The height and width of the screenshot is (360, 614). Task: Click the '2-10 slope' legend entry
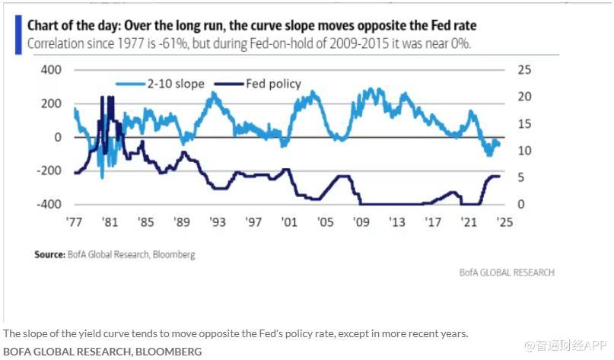click(x=176, y=84)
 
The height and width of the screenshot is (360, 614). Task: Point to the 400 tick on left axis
click(x=50, y=70)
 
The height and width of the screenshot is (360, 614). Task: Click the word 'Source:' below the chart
click(x=49, y=254)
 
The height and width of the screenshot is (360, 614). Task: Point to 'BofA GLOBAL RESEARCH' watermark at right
click(x=507, y=272)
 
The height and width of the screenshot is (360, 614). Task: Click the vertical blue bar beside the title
click(x=18, y=34)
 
